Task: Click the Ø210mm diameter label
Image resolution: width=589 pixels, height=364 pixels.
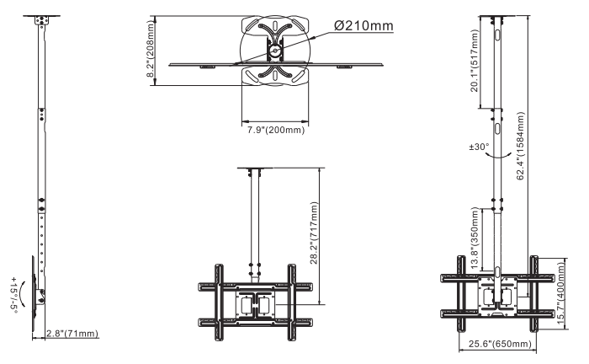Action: [363, 25]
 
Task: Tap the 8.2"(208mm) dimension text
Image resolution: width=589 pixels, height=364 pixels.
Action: [151, 49]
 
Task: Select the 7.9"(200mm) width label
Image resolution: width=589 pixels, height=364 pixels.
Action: [276, 130]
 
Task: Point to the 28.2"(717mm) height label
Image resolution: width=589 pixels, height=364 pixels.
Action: [315, 233]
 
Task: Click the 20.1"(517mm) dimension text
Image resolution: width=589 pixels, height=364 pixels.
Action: [475, 61]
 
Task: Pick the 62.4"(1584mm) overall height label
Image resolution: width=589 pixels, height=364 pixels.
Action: [520, 146]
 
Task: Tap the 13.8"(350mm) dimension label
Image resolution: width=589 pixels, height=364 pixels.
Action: [475, 238]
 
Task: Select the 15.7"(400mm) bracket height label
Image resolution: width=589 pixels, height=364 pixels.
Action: [561, 293]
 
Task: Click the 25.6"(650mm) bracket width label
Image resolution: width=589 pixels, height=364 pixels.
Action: [500, 344]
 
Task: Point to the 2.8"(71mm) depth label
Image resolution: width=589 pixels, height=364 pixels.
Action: [72, 334]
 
